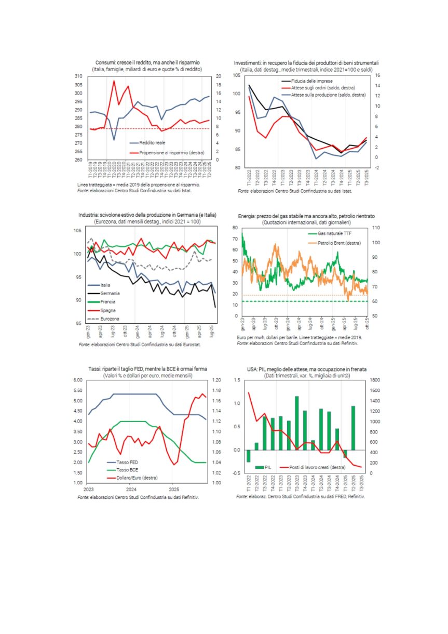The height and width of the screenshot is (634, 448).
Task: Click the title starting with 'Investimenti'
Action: click(306, 62)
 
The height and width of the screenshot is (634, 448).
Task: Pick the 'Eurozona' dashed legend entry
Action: click(110, 319)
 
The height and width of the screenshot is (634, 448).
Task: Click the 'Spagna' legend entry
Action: click(108, 310)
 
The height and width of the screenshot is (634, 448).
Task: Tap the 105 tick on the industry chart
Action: click(77, 231)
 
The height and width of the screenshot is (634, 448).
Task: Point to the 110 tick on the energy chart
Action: click(376, 228)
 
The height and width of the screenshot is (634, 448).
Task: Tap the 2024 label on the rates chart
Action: click(131, 490)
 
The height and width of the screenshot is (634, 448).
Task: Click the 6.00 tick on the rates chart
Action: click(77, 380)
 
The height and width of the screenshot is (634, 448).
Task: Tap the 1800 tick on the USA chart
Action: click(376, 380)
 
